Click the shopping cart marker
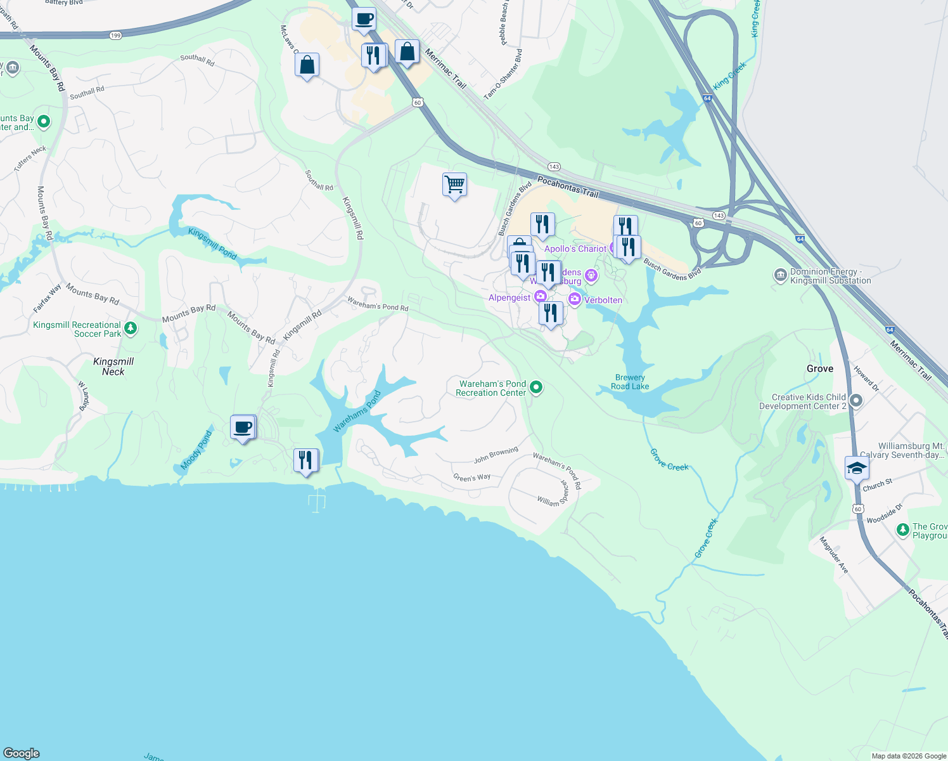(454, 185)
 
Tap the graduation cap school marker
(857, 469)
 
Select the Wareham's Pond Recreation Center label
(491, 388)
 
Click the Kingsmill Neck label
(113, 367)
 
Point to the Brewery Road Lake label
(630, 382)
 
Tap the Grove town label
(820, 368)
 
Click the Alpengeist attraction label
(509, 297)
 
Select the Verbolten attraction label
(603, 300)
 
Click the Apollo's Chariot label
(575, 249)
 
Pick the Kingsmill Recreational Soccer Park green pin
(131, 328)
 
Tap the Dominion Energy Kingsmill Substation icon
(781, 275)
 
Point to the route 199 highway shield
(115, 36)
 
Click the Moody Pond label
(196, 451)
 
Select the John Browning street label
(496, 455)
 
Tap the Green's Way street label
(471, 478)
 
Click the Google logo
(22, 753)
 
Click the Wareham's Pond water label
(357, 411)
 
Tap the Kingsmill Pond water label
(212, 244)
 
